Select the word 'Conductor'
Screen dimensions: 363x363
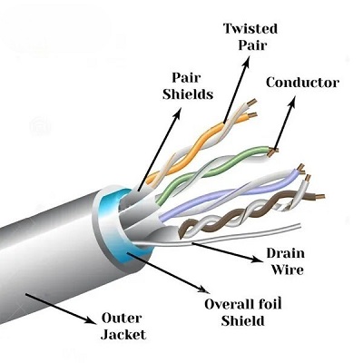pos(302,83)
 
